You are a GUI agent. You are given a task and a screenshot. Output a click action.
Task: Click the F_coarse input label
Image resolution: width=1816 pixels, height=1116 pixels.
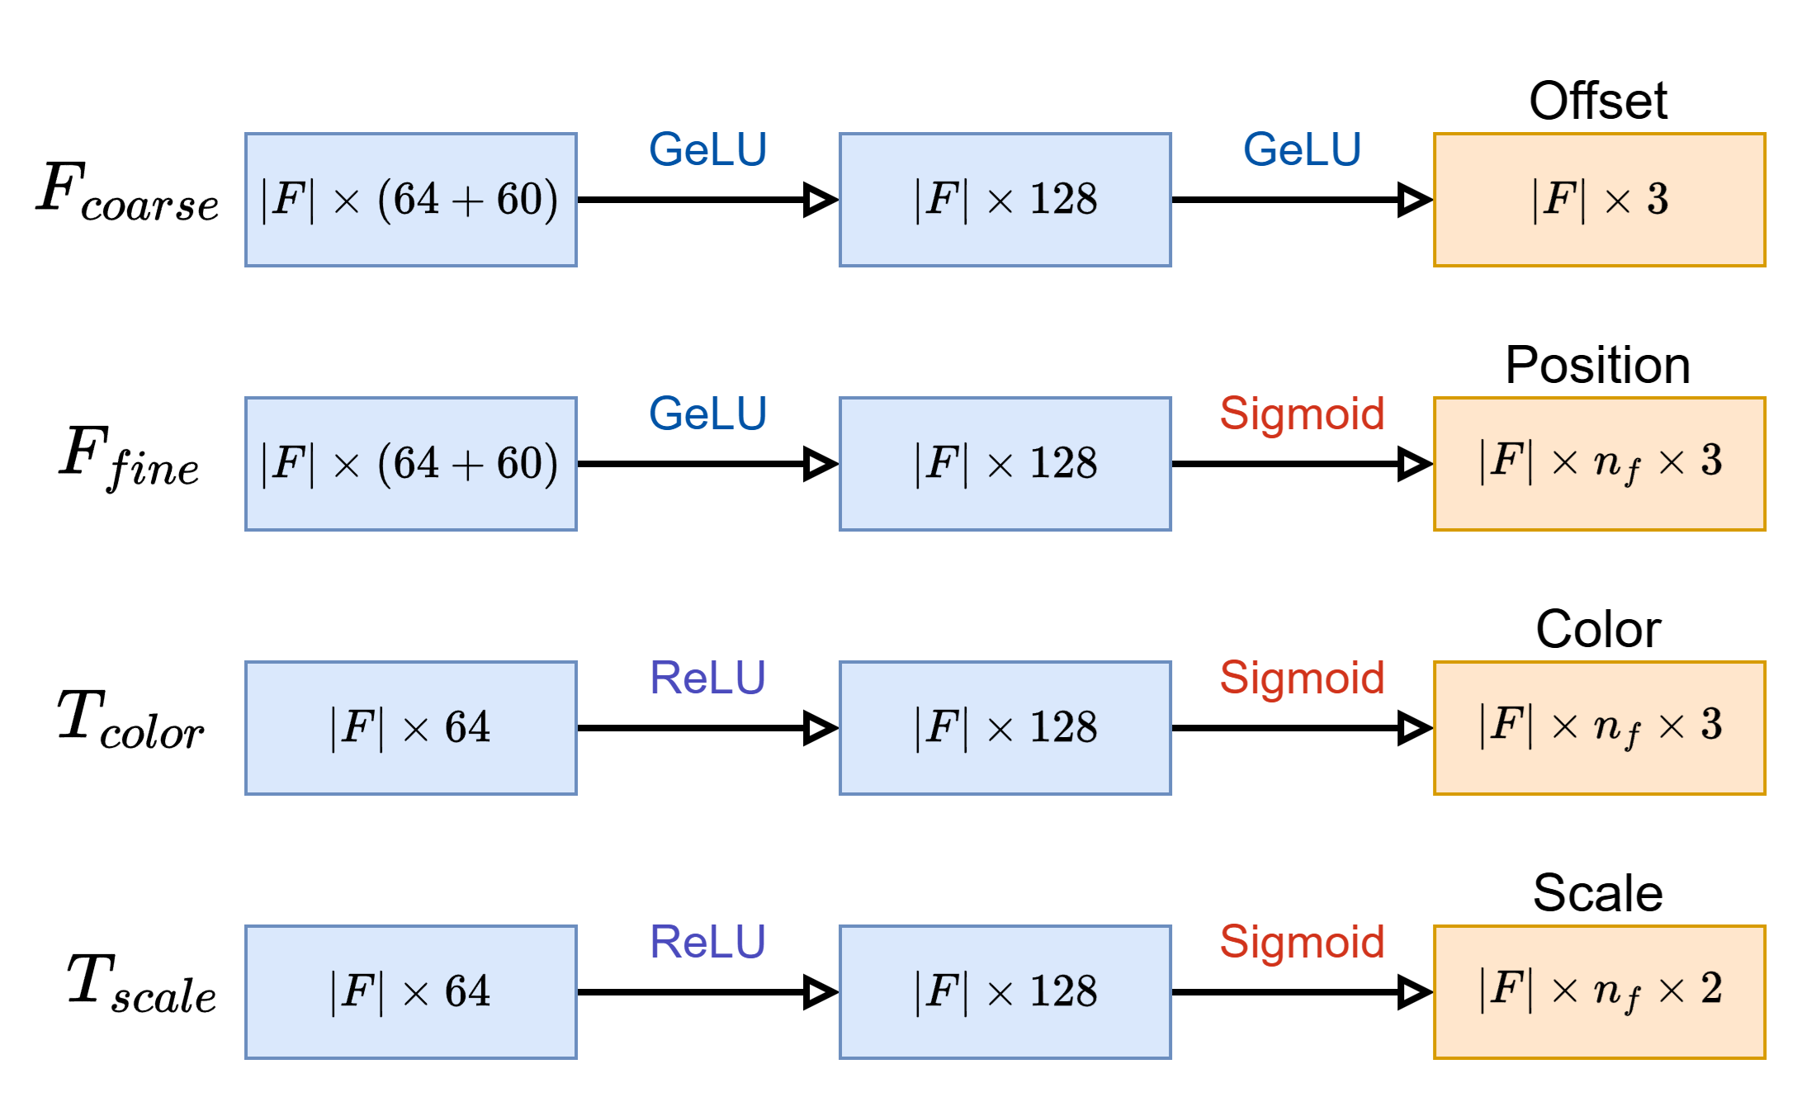128,194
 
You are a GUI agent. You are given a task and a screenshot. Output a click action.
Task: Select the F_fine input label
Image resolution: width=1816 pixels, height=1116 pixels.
130,458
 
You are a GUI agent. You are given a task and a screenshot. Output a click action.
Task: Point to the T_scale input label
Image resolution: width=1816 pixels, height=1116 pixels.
141,984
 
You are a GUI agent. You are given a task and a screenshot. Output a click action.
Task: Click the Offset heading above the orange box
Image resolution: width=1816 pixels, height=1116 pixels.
1598,102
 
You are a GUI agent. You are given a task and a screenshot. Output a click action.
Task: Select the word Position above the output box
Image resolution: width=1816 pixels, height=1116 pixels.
1598,366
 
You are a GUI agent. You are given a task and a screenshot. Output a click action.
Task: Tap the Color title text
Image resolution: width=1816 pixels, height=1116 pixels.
1598,630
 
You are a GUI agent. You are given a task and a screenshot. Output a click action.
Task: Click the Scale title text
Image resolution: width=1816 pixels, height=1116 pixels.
1598,894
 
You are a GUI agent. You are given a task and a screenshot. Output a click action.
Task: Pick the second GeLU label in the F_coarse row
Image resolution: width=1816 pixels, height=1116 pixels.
1302,150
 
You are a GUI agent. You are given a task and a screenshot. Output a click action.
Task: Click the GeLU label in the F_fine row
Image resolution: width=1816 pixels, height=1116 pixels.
707,414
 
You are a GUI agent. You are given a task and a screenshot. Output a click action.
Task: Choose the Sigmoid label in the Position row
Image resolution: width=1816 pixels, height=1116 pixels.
1302,414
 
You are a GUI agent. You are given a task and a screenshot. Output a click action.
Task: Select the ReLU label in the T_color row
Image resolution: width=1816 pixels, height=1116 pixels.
707,679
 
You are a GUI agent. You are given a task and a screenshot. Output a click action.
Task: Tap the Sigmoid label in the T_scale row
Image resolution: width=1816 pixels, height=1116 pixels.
1302,943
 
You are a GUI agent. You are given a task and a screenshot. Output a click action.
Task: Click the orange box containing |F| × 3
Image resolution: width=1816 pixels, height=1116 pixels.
1599,200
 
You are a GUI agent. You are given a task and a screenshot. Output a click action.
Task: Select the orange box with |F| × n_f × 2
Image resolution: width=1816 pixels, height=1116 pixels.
1599,992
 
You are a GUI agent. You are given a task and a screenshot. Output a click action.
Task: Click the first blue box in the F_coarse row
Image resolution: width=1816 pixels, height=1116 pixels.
410,200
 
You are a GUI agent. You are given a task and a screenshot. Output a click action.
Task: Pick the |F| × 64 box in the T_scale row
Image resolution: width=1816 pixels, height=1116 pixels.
410,992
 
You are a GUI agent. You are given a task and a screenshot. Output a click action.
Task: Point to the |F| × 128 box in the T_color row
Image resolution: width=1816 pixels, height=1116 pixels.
1005,728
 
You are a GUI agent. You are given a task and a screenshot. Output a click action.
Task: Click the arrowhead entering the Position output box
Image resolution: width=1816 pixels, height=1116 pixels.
1414,464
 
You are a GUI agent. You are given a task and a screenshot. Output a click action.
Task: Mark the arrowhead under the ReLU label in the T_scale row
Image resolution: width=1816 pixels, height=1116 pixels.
820,992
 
